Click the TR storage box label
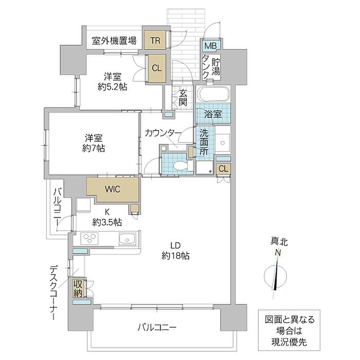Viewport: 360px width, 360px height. tap(155, 41)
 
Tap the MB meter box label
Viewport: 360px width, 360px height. tap(210, 46)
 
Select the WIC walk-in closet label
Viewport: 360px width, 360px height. tap(113, 189)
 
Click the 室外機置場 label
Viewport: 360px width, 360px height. tap(114, 41)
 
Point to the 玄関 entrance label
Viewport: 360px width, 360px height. tap(183, 97)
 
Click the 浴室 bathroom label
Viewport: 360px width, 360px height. tap(213, 114)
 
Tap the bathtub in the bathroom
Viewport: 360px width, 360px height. tap(213, 94)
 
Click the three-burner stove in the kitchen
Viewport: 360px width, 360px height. tap(89, 238)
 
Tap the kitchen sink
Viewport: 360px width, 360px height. tap(128, 239)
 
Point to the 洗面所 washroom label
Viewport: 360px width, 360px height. tap(204, 142)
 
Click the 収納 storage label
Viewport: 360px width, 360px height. tap(78, 289)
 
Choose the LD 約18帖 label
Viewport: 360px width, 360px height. tap(176, 250)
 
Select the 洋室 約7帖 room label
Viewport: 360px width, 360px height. tap(94, 143)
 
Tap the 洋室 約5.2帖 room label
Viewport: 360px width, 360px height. tap(113, 81)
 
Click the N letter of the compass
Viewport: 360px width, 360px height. tap(278, 253)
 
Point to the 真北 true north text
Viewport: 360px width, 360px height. tap(279, 242)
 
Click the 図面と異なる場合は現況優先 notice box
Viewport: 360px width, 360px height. tap(289, 331)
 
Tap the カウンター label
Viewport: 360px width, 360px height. tap(163, 133)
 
